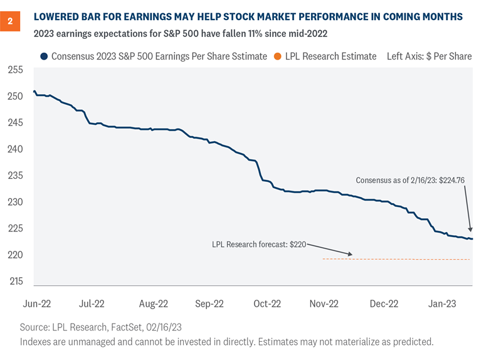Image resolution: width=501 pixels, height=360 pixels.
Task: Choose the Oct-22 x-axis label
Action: pyautogui.click(x=266, y=304)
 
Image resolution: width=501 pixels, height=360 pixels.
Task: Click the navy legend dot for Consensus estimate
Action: pyautogui.click(x=43, y=56)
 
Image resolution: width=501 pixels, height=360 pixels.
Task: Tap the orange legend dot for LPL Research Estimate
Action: pyautogui.click(x=278, y=56)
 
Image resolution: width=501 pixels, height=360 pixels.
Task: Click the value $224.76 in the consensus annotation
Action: pyautogui.click(x=446, y=180)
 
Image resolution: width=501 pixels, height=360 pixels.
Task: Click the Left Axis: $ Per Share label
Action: pyautogui.click(x=429, y=56)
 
